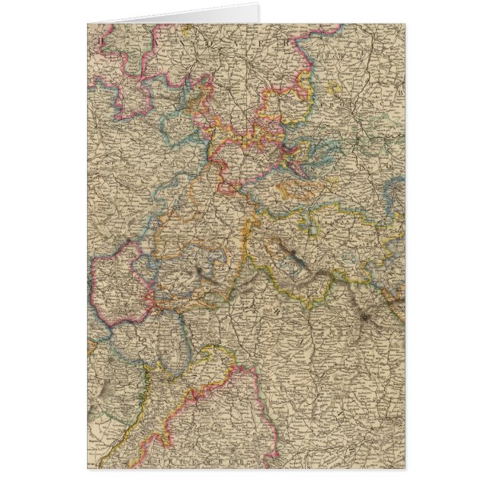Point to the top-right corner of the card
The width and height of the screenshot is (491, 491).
click(x=405, y=24)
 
